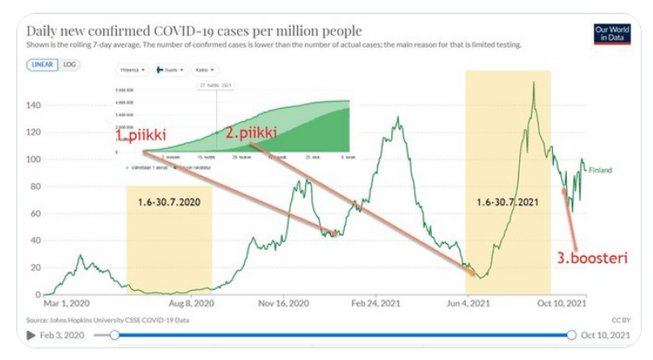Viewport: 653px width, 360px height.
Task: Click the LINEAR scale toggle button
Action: pyautogui.click(x=41, y=63)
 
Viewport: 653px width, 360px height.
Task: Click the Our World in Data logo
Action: pyautogui.click(x=612, y=33)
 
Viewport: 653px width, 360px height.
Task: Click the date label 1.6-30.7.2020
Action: pyautogui.click(x=168, y=198)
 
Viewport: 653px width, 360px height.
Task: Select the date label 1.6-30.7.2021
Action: pyautogui.click(x=507, y=198)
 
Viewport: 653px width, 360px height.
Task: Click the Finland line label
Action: pyautogui.click(x=600, y=171)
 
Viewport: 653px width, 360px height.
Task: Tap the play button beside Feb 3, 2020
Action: pyautogui.click(x=32, y=334)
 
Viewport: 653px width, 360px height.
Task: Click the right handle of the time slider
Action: pyautogui.click(x=571, y=334)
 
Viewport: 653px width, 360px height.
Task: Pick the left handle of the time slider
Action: pyautogui.click(x=115, y=334)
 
